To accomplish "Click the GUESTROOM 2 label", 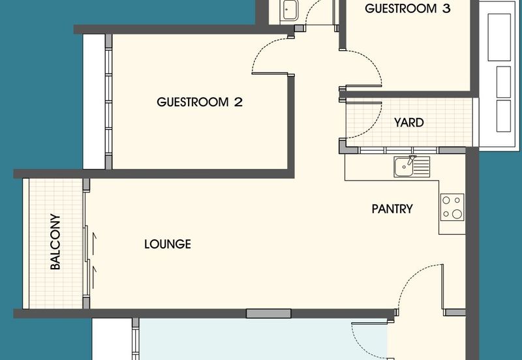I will [192, 102].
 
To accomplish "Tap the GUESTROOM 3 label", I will [408, 9].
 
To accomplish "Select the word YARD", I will [409, 123].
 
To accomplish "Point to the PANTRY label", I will [392, 209].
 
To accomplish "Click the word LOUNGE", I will [168, 245].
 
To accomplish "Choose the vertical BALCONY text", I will [56, 243].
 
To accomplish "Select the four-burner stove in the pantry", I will [452, 207].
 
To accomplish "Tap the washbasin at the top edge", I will [288, 10].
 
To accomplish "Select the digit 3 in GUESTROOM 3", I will [446, 9].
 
